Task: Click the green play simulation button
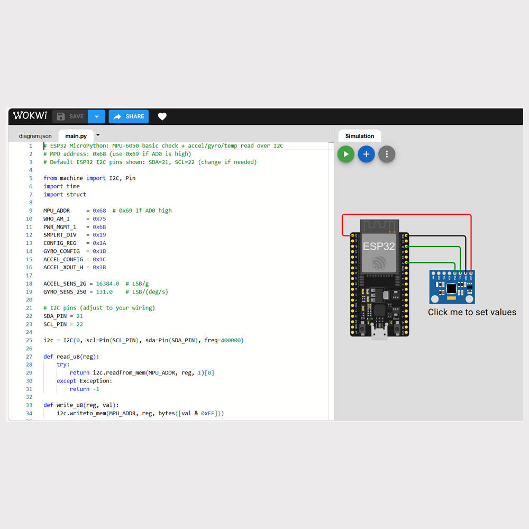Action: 346,154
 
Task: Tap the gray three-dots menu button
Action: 387,154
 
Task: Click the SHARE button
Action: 129,116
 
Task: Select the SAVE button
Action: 70,116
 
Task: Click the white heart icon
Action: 162,116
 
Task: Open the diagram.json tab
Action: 35,136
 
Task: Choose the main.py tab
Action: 76,136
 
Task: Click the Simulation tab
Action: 360,136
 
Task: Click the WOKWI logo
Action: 30,116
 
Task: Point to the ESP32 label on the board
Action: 379,247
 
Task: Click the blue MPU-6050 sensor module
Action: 452,287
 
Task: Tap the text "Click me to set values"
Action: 472,312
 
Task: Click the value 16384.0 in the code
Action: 107,284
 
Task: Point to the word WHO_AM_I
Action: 56,218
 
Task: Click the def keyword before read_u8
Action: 48,357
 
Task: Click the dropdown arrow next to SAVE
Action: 96,116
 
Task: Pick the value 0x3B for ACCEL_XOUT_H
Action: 99,267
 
